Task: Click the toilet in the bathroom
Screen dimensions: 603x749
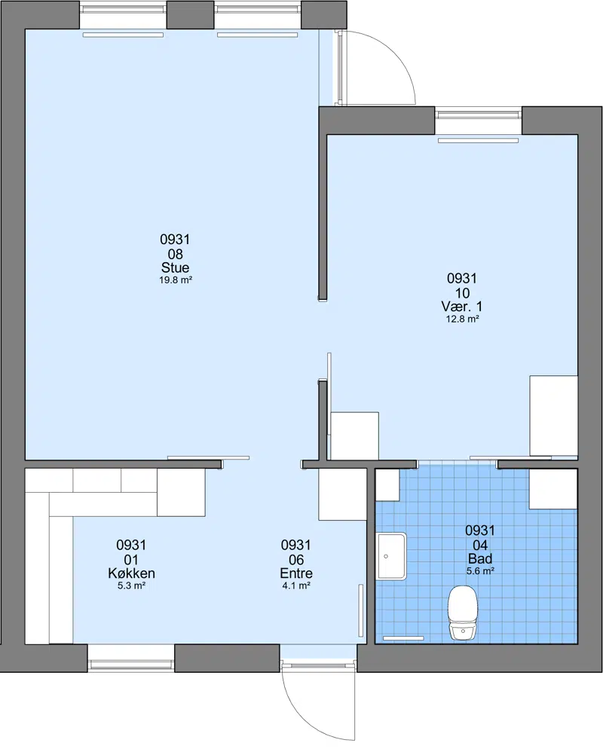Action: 463,613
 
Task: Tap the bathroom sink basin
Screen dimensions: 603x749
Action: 392,557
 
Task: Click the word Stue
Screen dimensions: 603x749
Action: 176,267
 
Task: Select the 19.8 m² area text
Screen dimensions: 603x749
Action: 176,280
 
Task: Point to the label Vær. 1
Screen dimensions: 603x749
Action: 462,306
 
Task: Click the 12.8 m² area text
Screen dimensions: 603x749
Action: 463,319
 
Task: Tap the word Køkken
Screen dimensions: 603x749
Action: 131,573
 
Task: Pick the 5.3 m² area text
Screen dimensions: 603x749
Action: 131,585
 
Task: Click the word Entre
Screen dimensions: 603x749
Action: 296,573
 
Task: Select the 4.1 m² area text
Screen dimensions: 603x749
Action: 296,585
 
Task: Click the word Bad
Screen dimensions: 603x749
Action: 480,558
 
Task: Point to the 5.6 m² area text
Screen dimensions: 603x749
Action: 480,570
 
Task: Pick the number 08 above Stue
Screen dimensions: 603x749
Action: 176,254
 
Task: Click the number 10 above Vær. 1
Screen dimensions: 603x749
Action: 462,292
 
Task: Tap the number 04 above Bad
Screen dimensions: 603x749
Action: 480,544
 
